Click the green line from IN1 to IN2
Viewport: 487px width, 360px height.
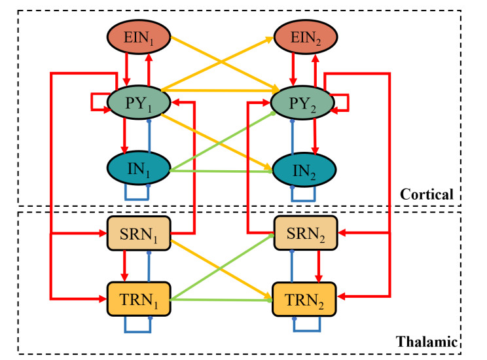[223, 171]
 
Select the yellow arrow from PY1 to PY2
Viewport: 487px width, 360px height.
[223, 90]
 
